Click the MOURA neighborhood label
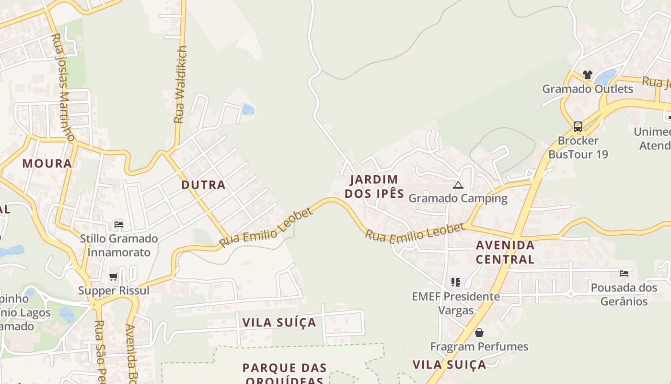(47, 163)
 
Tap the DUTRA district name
(203, 185)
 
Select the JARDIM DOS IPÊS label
(374, 186)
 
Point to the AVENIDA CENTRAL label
(505, 252)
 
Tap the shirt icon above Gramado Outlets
(587, 75)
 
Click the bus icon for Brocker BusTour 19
(578, 127)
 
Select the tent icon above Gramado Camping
(458, 185)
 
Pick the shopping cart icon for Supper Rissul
(114, 276)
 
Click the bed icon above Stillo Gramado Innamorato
(119, 225)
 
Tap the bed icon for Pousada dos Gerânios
(624, 274)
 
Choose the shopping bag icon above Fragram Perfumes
(479, 333)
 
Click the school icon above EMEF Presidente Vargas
(455, 282)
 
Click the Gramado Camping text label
(458, 198)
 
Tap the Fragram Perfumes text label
(479, 347)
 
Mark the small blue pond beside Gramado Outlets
(606, 77)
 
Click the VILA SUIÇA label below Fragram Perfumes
(449, 364)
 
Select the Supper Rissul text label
(114, 290)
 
